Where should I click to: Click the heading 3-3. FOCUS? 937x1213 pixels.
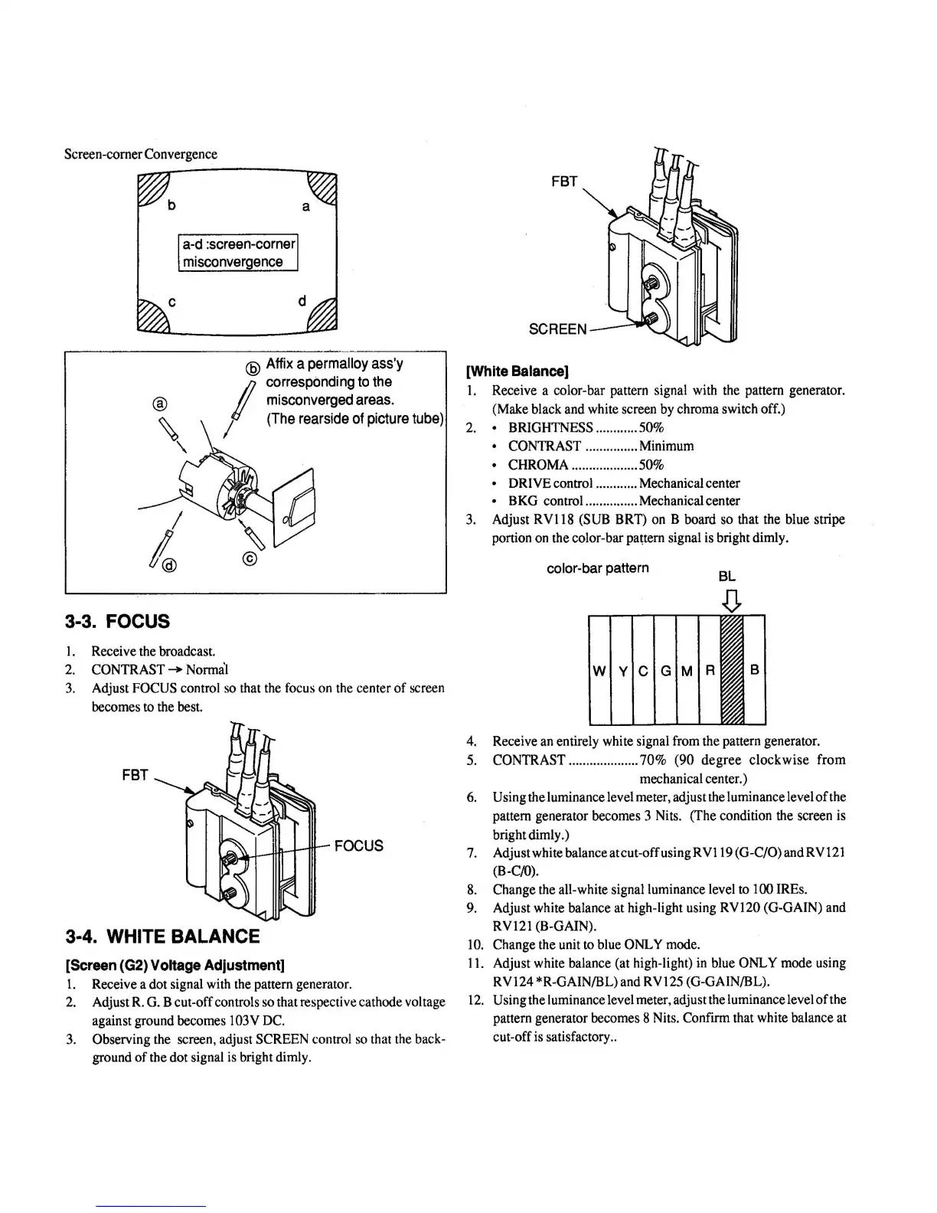(x=117, y=621)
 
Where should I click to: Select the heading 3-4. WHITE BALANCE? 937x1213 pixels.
(x=163, y=937)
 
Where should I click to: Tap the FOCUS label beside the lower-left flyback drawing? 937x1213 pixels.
(x=358, y=845)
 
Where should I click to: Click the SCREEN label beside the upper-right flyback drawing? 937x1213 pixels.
(x=557, y=329)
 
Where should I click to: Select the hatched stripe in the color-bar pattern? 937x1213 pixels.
(x=733, y=670)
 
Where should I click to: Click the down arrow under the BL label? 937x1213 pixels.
(x=733, y=601)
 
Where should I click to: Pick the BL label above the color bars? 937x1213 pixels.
(x=727, y=576)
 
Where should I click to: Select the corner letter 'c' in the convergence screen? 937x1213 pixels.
(x=172, y=302)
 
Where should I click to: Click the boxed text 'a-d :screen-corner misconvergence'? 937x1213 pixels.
(x=237, y=253)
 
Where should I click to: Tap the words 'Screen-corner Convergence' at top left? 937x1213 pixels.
(x=140, y=154)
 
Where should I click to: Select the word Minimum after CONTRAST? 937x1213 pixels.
(x=666, y=446)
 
